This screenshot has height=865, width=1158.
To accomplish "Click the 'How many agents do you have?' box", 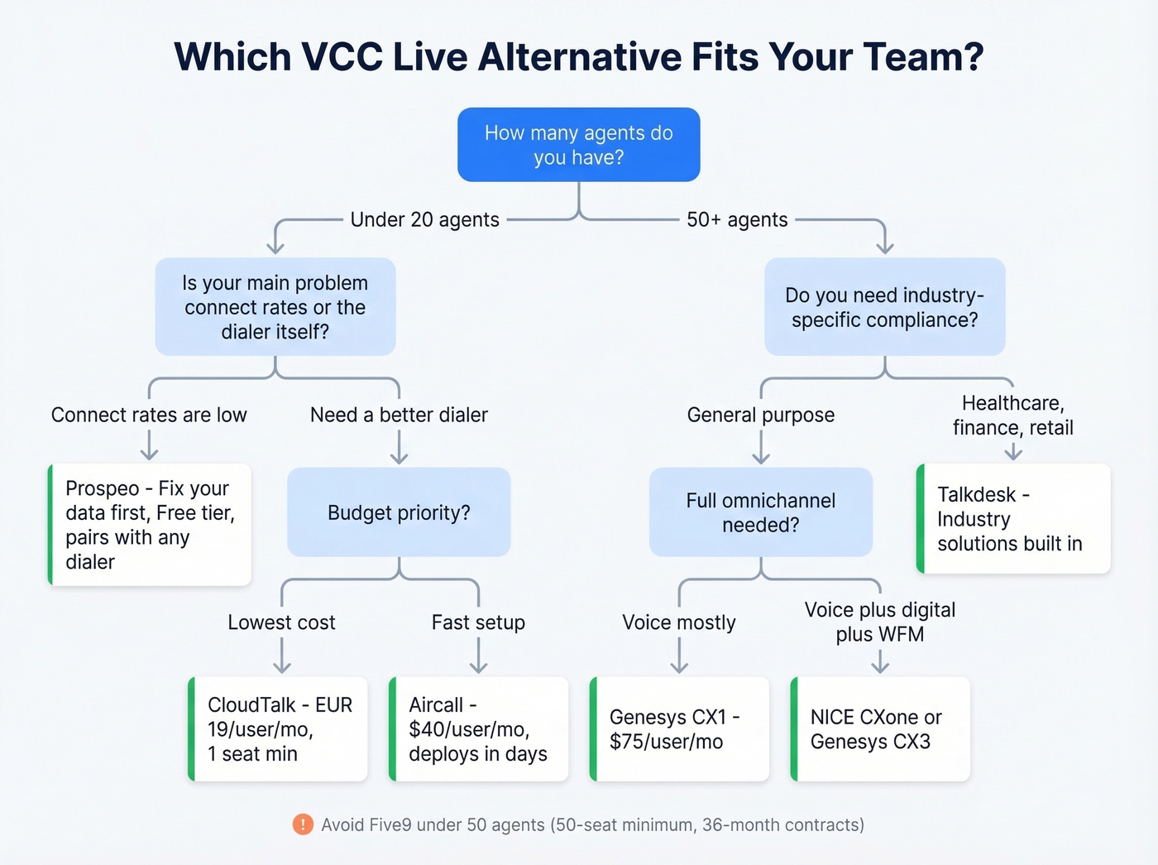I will coord(579,145).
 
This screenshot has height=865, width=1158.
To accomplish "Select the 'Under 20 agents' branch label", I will coord(424,219).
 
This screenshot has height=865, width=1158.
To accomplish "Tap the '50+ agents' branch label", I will coord(737,219).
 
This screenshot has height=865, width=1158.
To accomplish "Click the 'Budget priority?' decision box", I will coord(399,512).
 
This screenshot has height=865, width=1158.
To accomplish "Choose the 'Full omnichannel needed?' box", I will coord(760,512).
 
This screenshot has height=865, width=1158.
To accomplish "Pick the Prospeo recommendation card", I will coord(150,525).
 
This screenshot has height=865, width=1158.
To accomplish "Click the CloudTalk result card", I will coord(278,729).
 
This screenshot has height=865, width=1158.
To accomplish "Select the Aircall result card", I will coord(479,729).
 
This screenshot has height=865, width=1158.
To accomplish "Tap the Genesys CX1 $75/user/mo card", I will coord(680,729).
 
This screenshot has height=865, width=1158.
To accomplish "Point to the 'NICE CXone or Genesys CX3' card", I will coord(881,729).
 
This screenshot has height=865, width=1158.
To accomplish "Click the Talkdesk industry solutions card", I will coord(1014,519).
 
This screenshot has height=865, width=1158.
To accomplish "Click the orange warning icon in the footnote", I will coord(303,824).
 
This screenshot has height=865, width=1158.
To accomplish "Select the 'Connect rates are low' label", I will coord(149,415).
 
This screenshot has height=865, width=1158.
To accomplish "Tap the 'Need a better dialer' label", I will coord(399,415).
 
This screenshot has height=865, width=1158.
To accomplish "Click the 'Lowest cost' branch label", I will coord(281,622).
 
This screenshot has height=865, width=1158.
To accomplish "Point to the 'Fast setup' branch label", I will coord(478,622).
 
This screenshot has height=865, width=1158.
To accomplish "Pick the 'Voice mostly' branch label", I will coord(679,622).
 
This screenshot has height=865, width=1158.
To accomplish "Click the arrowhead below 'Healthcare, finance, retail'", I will coord(1013,453).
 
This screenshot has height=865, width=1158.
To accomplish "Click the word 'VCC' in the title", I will coord(342,57).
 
